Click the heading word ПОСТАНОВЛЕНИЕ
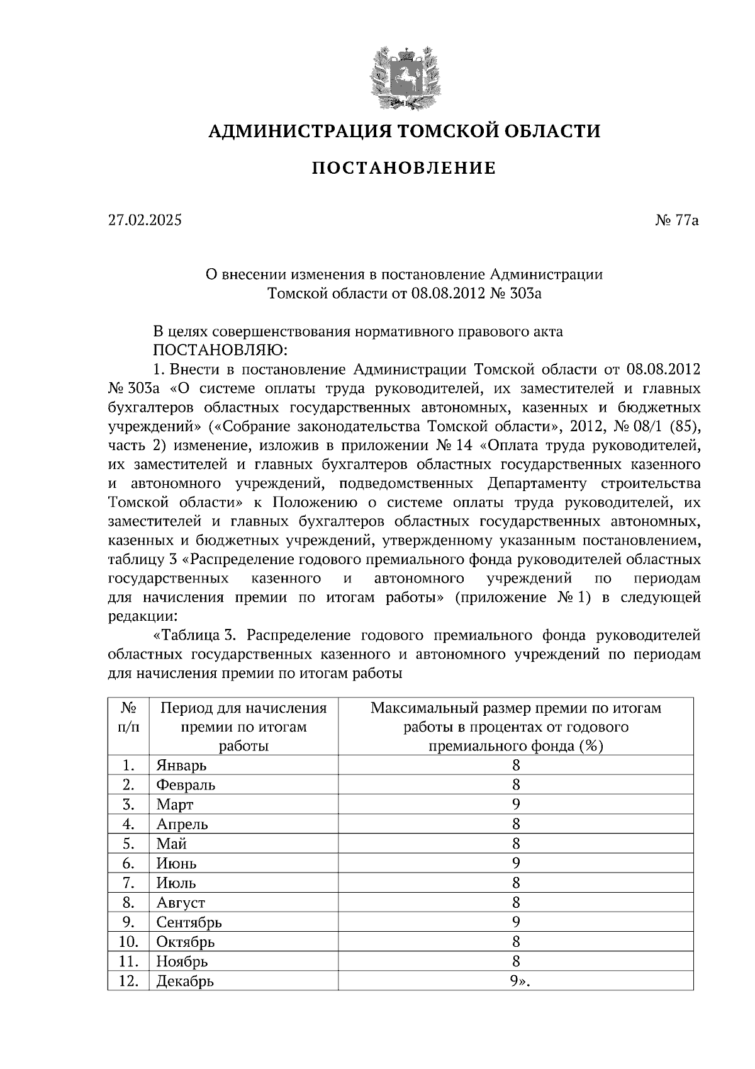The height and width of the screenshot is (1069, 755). (404, 168)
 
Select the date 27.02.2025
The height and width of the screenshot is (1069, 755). (145, 220)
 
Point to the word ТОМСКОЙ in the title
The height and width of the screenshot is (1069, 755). (432, 131)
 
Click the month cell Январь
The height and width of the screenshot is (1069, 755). (181, 766)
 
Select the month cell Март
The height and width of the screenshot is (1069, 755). (175, 805)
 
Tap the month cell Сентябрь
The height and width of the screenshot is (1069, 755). (189, 922)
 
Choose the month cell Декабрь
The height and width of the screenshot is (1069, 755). (185, 981)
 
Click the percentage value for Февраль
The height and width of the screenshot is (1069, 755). (516, 785)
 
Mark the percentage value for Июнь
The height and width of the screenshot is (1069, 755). (516, 863)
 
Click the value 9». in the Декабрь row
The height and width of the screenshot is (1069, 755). (520, 981)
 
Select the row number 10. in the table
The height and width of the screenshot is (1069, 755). (128, 942)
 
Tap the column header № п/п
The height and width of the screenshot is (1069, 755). (128, 718)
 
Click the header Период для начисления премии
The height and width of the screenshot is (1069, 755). (243, 727)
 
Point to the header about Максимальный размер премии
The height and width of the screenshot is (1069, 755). (516, 727)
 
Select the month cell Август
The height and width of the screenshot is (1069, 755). (181, 903)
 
